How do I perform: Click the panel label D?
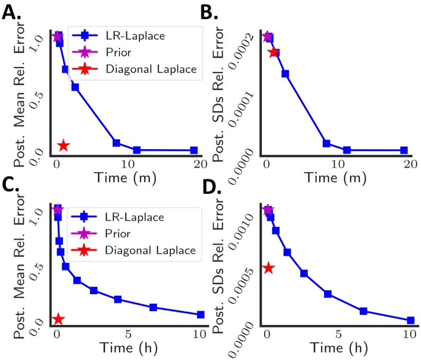coord(224,191)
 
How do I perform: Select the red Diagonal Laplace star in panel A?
coord(63,146)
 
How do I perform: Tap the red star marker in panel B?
coord(274,52)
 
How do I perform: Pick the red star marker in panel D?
coord(268,267)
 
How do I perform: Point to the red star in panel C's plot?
coord(58,319)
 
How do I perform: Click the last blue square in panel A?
coord(194,150)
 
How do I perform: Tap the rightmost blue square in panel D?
coord(410,320)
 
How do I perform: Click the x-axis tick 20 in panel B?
coord(410,165)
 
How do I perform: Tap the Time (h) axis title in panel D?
coord(338,347)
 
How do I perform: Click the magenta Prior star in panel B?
coord(267,37)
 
